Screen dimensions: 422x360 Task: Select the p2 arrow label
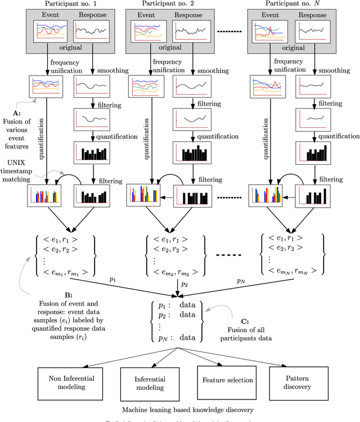[x=183, y=285]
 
